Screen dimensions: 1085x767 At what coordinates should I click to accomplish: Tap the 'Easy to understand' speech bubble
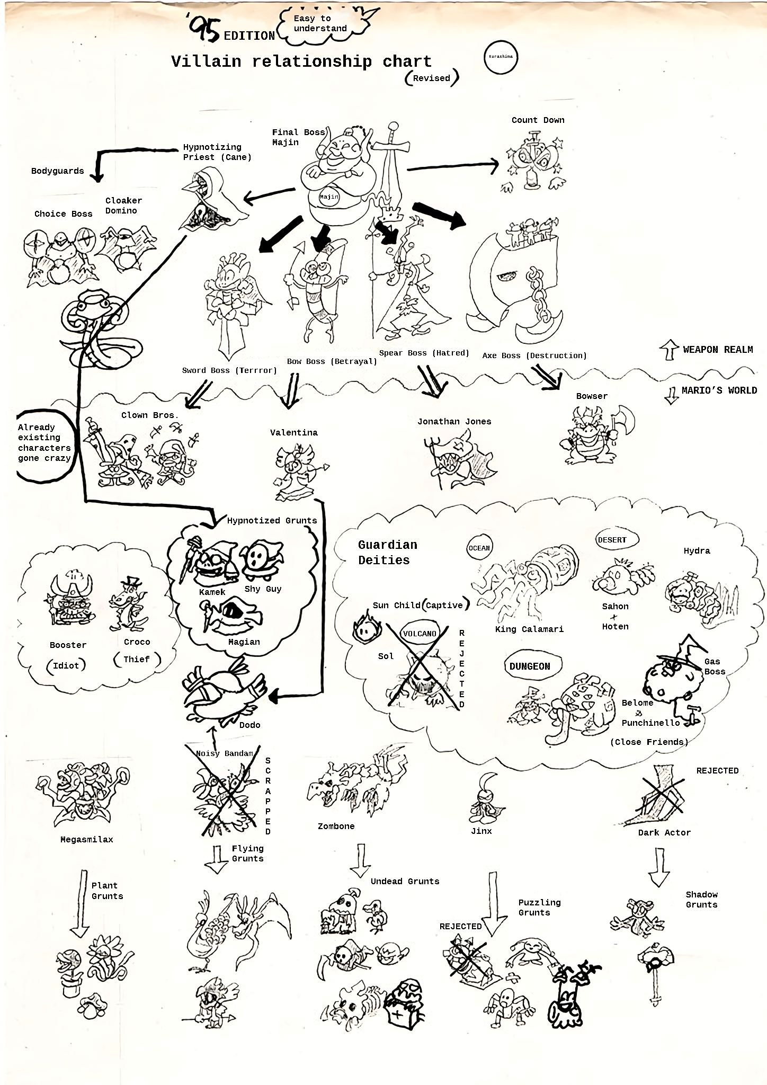320,23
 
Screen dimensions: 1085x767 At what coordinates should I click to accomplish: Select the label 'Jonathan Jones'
454,422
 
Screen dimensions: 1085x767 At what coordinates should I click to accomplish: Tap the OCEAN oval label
479,548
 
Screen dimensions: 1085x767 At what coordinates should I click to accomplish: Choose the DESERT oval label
612,540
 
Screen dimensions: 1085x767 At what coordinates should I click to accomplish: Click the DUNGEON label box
530,666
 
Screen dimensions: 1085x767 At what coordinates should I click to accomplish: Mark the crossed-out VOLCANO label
420,634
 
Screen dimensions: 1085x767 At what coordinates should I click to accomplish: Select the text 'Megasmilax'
86,840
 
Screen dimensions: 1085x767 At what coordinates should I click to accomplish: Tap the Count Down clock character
534,161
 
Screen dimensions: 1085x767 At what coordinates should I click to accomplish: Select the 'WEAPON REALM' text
718,350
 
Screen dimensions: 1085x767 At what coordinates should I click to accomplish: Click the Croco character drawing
126,604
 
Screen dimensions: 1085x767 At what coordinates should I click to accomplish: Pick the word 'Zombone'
336,826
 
